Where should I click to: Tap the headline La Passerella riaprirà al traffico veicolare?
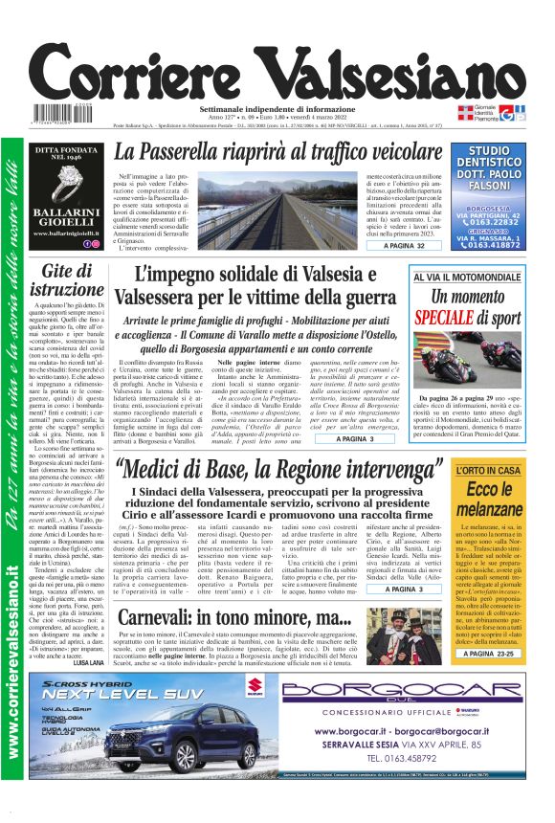tap(296, 152)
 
